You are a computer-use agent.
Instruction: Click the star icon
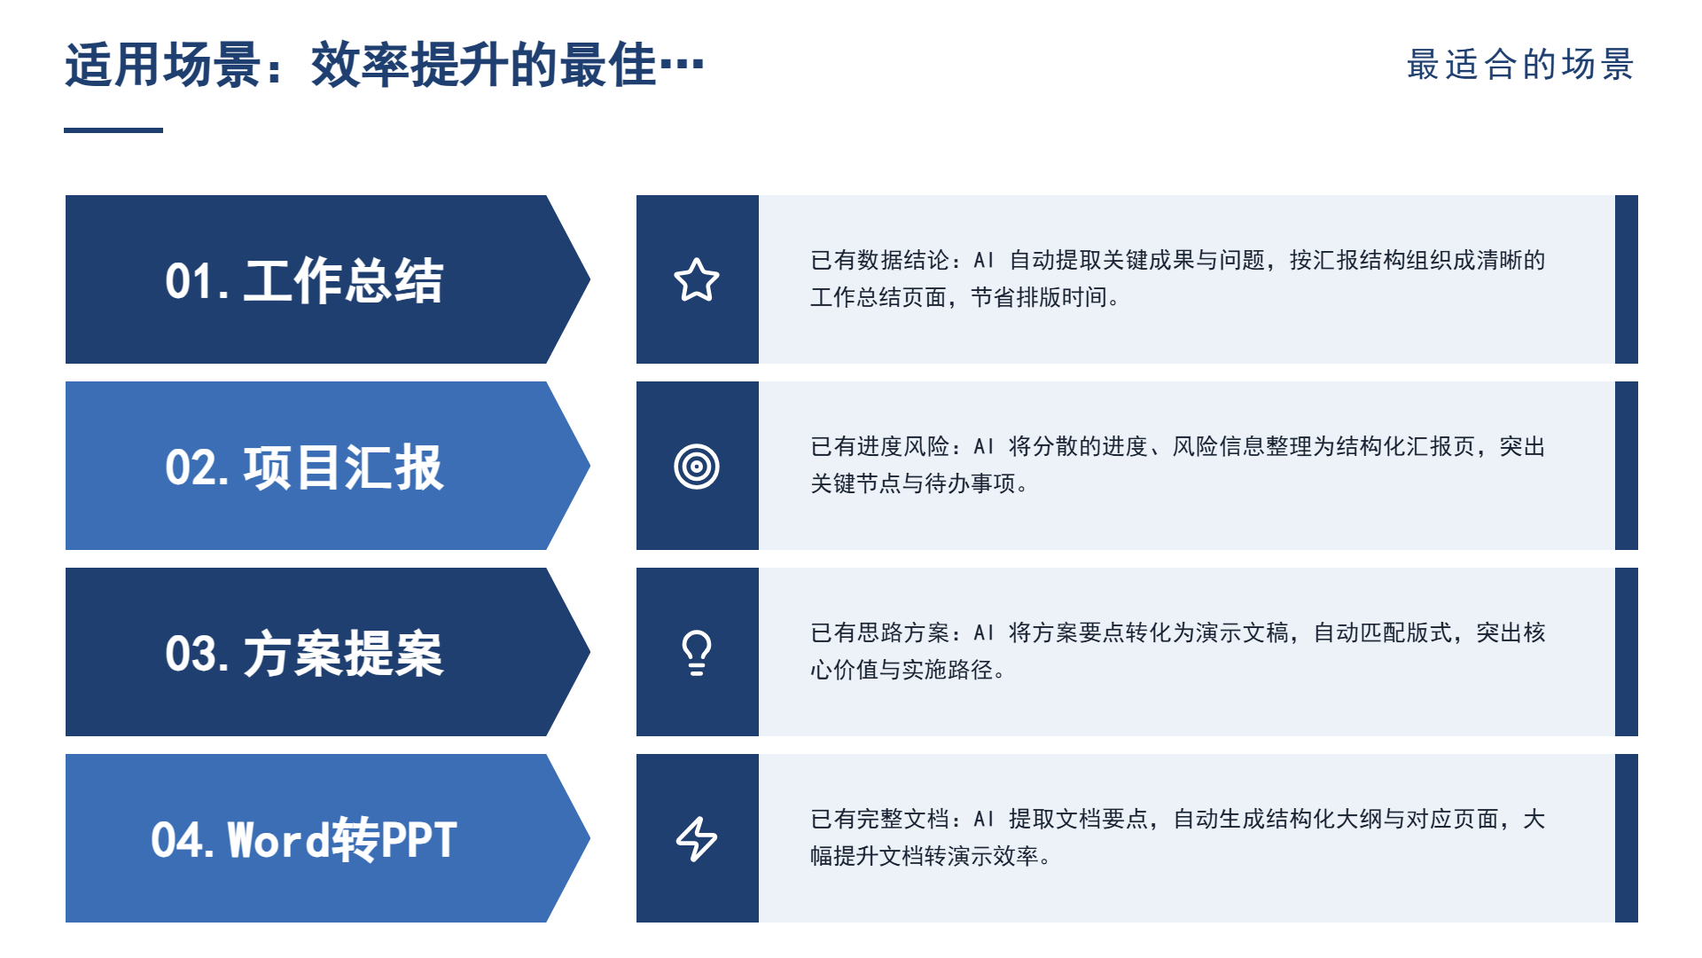[697, 279]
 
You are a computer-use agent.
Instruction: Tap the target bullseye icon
[697, 466]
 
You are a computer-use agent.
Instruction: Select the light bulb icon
[697, 653]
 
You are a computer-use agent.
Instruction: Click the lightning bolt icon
[697, 838]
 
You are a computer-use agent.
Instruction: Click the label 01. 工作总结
[304, 280]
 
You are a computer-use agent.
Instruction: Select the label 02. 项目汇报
[304, 467]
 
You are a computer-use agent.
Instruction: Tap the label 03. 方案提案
[304, 653]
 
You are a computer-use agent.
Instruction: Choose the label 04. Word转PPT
[304, 839]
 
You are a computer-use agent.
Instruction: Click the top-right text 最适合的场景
[1520, 65]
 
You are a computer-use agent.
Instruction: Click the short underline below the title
[113, 130]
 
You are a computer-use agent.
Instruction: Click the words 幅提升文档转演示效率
[925, 856]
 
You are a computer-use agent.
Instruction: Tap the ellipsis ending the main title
[681, 65]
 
